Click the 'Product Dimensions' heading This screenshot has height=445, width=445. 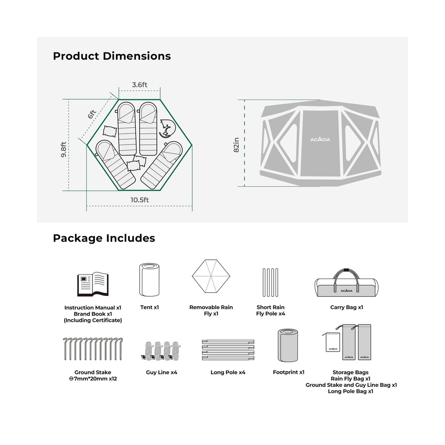click(112, 56)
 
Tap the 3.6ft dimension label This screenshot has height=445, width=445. click(140, 85)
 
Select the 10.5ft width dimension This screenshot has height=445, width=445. click(140, 200)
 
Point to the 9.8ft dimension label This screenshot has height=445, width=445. click(64, 149)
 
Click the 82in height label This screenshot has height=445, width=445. click(236, 145)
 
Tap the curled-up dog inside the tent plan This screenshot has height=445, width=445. click(167, 129)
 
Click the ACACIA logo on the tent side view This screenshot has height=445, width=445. click(320, 139)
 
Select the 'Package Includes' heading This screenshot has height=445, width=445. click(104, 238)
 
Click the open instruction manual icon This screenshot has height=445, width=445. click(93, 284)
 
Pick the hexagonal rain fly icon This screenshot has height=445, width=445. click(211, 276)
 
